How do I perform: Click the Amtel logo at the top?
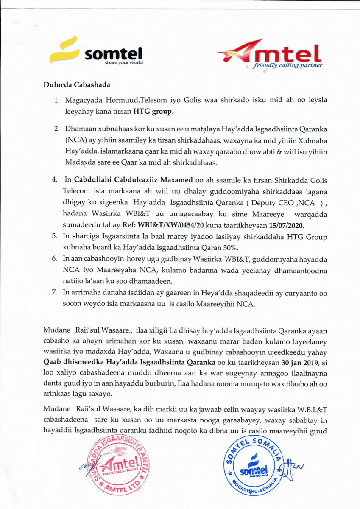click(x=270, y=54)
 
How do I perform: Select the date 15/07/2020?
click(x=287, y=224)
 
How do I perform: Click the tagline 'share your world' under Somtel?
click(x=124, y=62)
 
